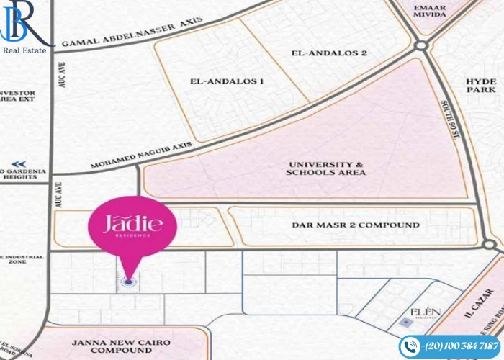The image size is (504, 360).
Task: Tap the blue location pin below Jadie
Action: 129,282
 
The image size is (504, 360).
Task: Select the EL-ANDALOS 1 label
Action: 226,81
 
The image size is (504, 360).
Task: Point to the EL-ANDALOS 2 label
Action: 329,53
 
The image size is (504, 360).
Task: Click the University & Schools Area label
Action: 325,168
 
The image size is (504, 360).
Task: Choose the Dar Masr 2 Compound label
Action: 356,225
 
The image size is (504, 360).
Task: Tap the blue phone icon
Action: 410,346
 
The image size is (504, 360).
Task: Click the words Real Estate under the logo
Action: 25,50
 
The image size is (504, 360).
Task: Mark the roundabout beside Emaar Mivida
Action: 422,45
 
